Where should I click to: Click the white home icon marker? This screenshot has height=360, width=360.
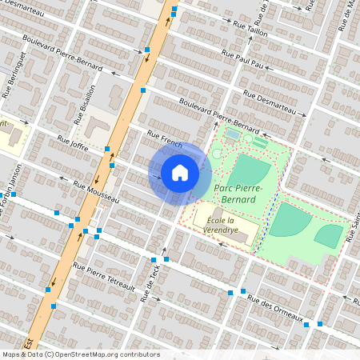click(x=180, y=173)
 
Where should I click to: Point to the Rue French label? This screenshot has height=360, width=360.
click(x=166, y=141)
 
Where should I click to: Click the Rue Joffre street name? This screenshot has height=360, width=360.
click(x=73, y=144)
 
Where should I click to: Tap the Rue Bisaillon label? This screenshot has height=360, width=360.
click(x=86, y=103)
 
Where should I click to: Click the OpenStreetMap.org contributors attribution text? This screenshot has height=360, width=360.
click(x=103, y=354)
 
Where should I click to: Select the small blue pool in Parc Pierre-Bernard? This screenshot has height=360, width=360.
click(x=231, y=134)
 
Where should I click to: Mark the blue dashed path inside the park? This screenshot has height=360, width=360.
click(x=267, y=212)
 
